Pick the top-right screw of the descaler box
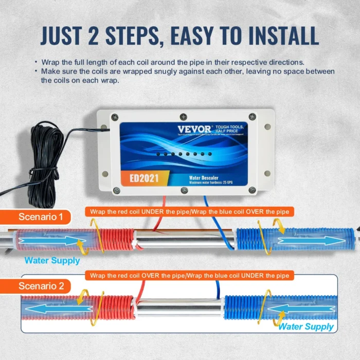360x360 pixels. [252, 117]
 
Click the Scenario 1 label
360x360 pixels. [41, 217]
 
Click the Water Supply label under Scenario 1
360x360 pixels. [52, 260]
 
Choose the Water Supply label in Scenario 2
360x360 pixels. [306, 327]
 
